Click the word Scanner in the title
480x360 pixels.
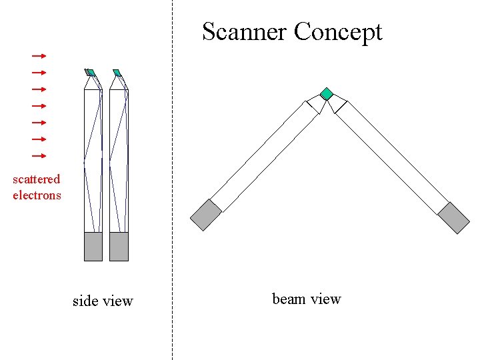click(245, 31)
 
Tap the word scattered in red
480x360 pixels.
click(36, 179)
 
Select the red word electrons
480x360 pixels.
click(37, 195)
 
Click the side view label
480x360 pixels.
click(103, 301)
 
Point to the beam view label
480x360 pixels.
click(307, 299)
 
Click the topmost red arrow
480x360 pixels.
click(39, 56)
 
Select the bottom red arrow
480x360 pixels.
click(39, 155)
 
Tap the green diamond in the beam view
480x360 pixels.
click(326, 94)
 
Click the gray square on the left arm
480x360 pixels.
click(205, 215)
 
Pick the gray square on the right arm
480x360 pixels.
click(454, 217)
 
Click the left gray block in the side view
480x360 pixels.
click(93, 247)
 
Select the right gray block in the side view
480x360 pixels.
click(119, 247)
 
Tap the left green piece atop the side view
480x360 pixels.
click(91, 73)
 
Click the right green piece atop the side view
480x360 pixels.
click(117, 73)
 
